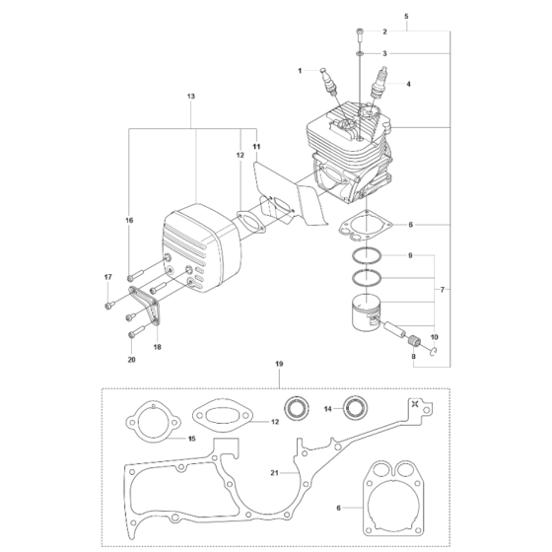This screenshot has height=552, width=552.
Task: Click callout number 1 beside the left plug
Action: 299,70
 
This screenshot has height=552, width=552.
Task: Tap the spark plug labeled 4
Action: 377,86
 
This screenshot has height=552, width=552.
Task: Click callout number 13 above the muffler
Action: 190,97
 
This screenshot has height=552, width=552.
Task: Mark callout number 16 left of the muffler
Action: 128,220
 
